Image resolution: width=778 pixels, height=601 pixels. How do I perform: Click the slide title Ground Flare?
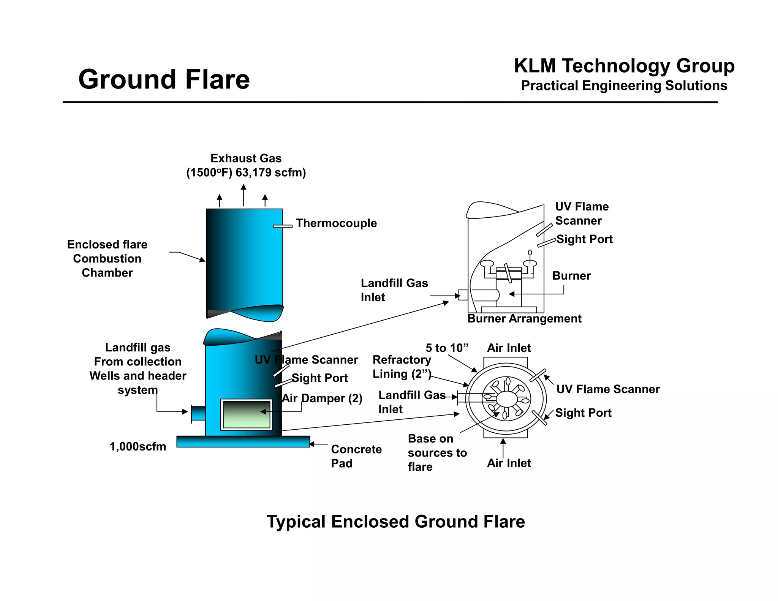point(164,79)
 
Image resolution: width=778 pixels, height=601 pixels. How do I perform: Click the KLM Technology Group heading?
point(624,66)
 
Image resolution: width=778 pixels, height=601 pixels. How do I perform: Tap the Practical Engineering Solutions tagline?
point(624,86)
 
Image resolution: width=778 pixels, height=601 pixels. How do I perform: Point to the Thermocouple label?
point(336,223)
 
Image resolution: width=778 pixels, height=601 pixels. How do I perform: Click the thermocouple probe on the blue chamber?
point(283,226)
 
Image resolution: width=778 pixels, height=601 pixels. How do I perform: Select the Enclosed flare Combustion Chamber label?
point(107,258)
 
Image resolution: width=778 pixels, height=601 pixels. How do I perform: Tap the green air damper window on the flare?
point(247,414)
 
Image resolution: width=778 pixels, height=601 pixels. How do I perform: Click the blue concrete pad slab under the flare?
point(243,441)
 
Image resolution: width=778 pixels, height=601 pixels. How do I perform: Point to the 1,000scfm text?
point(138,446)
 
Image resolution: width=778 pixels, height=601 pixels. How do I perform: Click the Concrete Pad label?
point(356,456)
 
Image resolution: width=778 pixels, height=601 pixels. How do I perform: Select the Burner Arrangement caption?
point(524,318)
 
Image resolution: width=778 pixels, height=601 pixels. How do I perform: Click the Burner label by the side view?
point(571,276)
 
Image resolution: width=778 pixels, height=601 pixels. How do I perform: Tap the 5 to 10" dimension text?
point(447,348)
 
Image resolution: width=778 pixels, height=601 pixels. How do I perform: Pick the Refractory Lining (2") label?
point(402,367)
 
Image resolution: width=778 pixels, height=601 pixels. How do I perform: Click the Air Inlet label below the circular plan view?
point(509,463)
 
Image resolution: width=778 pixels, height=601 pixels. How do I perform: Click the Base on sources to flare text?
point(437,452)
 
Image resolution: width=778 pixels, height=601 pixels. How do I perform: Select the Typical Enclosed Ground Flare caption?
point(395,522)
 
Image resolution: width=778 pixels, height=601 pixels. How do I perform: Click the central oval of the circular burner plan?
point(506,399)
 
